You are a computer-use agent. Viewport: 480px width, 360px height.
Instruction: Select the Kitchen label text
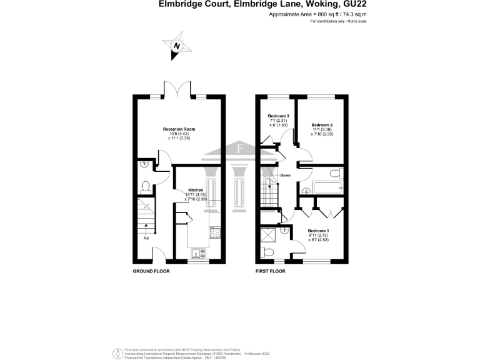tap(196, 189)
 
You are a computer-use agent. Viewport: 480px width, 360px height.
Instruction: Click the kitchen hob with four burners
tap(215, 232)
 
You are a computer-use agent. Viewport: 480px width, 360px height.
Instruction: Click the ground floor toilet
tap(146, 186)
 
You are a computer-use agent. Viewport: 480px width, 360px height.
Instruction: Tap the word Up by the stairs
tap(146, 238)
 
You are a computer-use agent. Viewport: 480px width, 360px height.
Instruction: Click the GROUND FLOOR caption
tap(151, 272)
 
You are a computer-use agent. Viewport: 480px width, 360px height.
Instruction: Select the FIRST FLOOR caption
tap(270, 272)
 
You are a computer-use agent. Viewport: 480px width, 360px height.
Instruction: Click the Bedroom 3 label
tap(278, 116)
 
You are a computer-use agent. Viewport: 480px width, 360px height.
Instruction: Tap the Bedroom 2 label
tap(321, 125)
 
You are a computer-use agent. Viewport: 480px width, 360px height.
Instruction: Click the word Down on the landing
tap(286, 175)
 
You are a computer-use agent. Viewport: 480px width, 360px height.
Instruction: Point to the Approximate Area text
tap(317, 14)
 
